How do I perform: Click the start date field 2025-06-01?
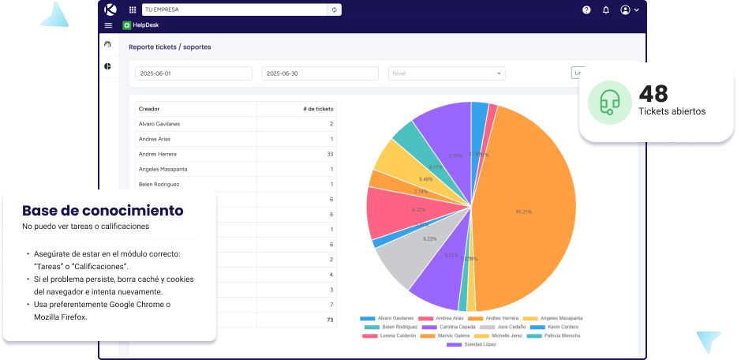click(x=193, y=73)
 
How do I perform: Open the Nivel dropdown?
click(x=446, y=73)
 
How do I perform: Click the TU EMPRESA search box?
click(x=234, y=9)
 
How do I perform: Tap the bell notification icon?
click(x=606, y=10)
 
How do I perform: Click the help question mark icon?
click(x=586, y=10)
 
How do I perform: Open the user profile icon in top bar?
click(x=626, y=10)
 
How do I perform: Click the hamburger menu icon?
click(x=108, y=25)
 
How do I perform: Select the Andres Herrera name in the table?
click(x=157, y=154)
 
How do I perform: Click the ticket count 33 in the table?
click(x=330, y=154)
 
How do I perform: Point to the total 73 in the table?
click(x=330, y=320)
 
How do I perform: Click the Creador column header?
click(x=149, y=109)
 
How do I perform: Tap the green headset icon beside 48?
click(x=608, y=102)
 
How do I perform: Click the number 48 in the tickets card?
click(x=653, y=94)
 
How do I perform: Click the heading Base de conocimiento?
click(x=103, y=211)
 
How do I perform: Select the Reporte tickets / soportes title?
click(x=170, y=47)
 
